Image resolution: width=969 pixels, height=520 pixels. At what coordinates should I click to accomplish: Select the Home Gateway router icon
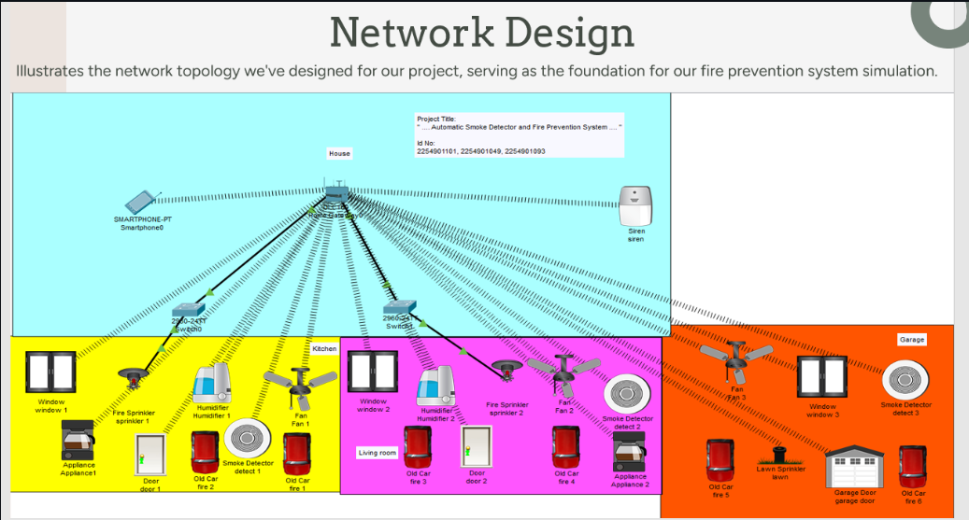click(x=336, y=194)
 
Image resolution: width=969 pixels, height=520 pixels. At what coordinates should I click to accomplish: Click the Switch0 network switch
click(x=189, y=309)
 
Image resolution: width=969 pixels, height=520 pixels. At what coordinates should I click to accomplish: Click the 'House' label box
click(x=339, y=153)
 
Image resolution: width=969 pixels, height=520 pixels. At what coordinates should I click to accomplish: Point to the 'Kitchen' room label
click(x=324, y=348)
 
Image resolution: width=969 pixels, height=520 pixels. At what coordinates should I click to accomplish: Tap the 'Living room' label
click(x=378, y=453)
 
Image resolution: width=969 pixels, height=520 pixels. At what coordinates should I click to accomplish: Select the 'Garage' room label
click(x=911, y=340)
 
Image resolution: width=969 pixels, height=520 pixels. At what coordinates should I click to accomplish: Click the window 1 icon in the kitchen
click(x=50, y=373)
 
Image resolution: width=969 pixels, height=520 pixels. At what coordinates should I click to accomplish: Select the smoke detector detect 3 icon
click(x=905, y=379)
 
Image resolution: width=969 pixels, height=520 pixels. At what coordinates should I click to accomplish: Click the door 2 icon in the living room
click(x=477, y=446)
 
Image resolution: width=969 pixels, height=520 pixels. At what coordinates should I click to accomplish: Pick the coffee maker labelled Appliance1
click(x=78, y=441)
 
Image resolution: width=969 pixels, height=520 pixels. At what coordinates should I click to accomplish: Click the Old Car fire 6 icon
click(x=912, y=467)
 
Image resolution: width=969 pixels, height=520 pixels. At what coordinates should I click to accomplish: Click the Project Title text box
click(x=519, y=135)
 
